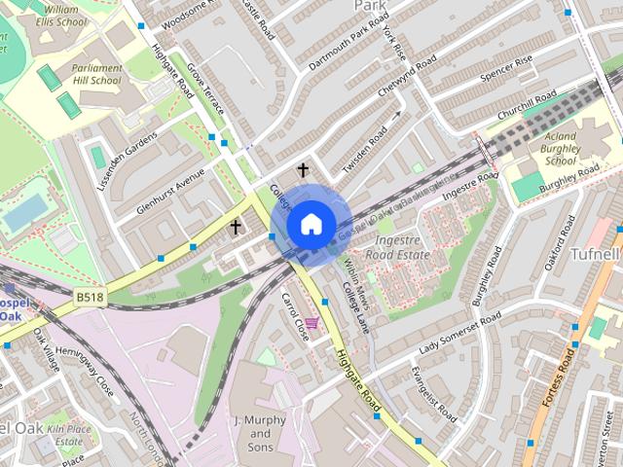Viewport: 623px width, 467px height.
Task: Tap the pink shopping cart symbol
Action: tap(311, 322)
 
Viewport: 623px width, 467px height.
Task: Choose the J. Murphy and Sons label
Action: tap(259, 433)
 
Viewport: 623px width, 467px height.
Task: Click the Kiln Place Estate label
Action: tap(69, 434)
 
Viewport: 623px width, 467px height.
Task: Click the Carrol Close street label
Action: tap(295, 316)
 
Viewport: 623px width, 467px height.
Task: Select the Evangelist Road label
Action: tap(432, 395)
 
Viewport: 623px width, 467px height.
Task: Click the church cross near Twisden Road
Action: tap(303, 171)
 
